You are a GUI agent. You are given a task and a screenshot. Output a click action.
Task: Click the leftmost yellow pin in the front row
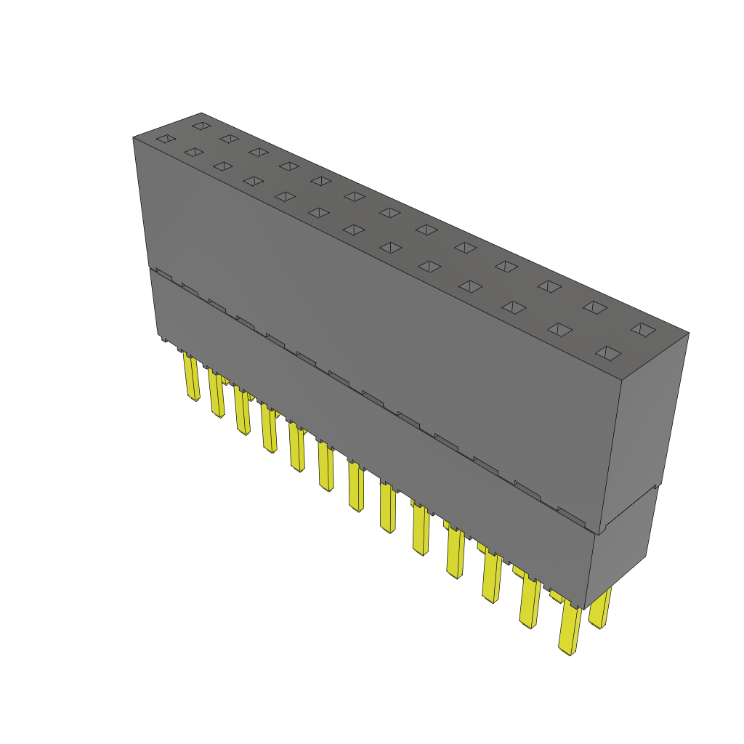[x=192, y=378]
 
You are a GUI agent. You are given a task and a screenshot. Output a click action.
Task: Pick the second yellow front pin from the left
[x=217, y=394]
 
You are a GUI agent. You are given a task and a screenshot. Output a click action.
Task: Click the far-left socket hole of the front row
[x=166, y=139]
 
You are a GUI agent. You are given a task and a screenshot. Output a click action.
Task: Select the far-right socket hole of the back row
[x=642, y=329]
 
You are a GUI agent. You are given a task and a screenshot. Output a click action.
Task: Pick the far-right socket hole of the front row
[x=608, y=353]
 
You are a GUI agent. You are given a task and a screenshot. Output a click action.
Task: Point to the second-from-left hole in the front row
[x=193, y=152]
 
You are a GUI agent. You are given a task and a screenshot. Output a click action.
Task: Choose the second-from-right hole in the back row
[x=594, y=307]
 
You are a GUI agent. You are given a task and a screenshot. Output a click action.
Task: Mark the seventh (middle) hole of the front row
[x=353, y=230]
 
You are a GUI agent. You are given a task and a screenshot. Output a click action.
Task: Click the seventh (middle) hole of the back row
[x=389, y=212]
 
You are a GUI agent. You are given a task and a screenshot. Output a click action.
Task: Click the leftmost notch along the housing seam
[x=163, y=275]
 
